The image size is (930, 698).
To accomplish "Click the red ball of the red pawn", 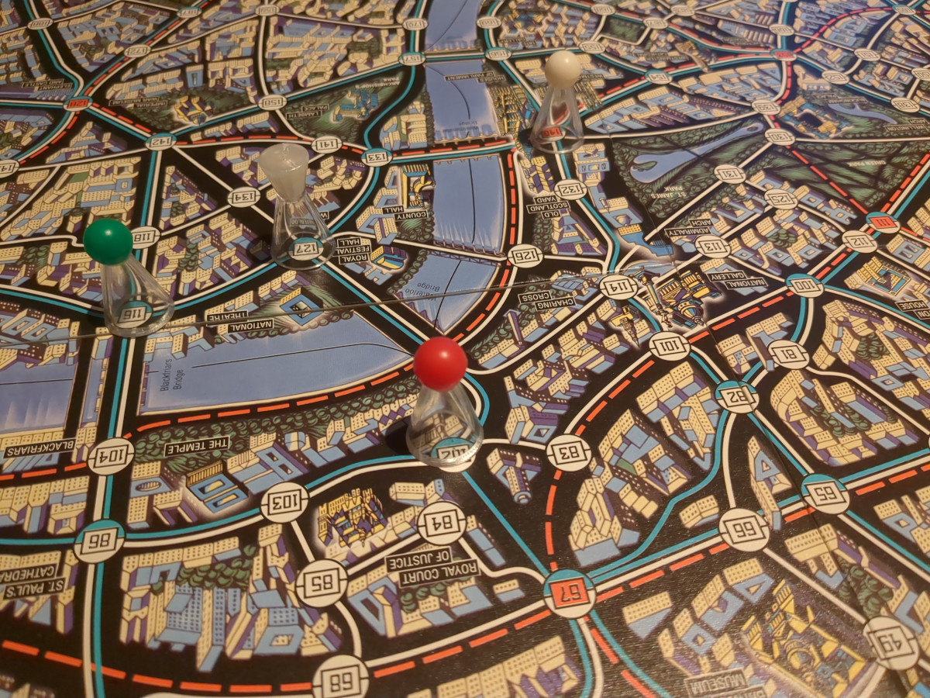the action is [439, 362].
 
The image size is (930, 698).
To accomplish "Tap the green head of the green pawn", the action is [108, 241].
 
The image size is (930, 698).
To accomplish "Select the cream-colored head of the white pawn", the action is [563, 67].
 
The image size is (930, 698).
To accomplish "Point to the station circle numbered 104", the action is [111, 455].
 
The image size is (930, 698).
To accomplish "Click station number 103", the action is [284, 502].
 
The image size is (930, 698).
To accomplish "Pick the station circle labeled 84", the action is [440, 522].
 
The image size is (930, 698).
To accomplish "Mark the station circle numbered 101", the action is [669, 344].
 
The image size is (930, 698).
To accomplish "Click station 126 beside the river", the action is [525, 255].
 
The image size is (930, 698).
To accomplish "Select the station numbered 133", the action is [376, 157].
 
